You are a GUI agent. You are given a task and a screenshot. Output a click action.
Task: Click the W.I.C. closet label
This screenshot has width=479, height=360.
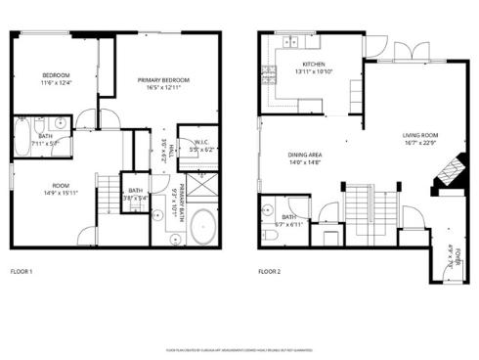pos(199,142)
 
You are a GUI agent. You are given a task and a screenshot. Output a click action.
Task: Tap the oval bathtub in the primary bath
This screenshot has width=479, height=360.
pos(201,227)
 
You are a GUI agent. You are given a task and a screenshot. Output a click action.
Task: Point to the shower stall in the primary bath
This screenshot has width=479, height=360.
pos(200,186)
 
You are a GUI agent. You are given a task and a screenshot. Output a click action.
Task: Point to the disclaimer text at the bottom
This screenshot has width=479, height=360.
pos(239,347)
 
